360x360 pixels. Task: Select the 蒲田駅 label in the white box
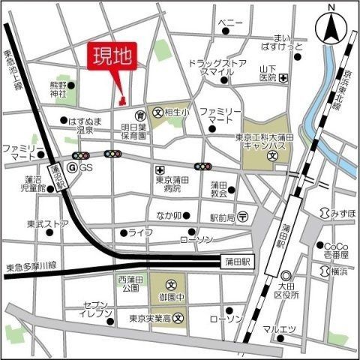[239, 261]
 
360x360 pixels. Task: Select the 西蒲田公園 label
[130, 283]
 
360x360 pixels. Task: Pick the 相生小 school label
[176, 112]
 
